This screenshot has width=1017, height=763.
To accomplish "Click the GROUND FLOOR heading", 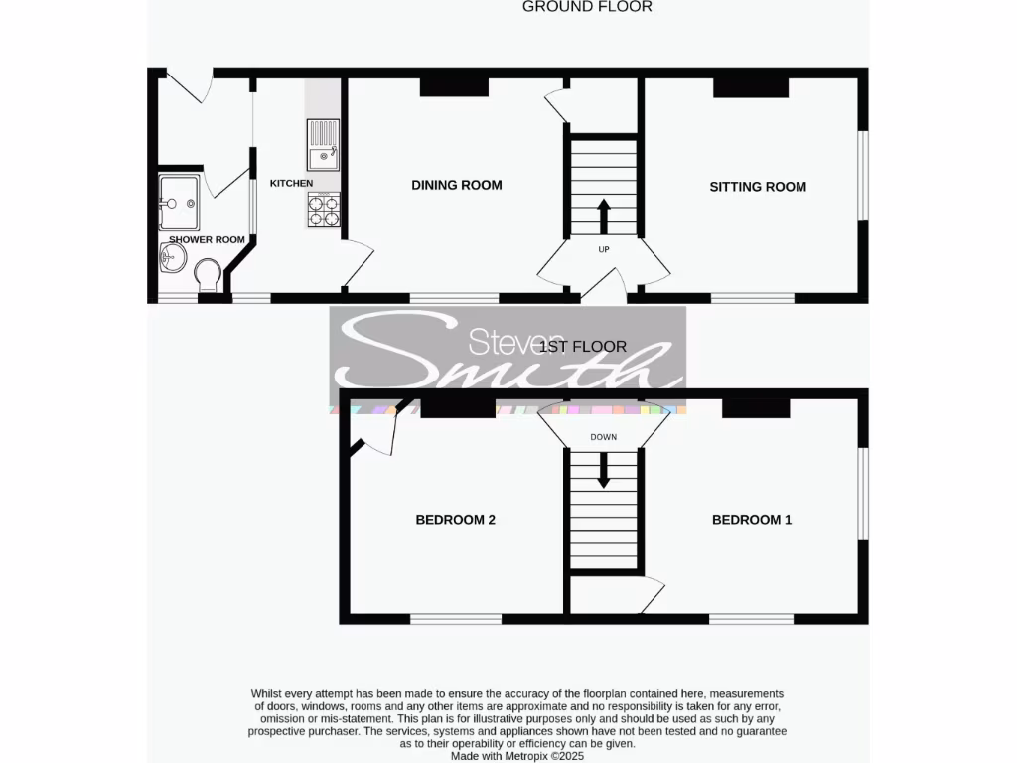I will pos(587,7).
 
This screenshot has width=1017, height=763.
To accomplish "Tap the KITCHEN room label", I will pos(291,183).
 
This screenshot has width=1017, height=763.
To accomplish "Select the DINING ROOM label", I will pos(457,185).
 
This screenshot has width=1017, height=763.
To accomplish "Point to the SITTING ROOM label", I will pos(758,187).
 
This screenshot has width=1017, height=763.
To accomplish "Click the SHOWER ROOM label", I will pos(207,239).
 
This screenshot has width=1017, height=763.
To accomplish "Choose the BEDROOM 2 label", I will pos(455,520).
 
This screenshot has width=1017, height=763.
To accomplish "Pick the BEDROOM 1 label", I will pos(752,520).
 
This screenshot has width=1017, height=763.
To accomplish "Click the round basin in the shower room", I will pos(172,259).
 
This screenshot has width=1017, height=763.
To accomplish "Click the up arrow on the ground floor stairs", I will pos(604,214).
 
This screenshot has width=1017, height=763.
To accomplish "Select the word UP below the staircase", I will pos(604,249).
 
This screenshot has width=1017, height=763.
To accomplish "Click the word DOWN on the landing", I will pos(604,437).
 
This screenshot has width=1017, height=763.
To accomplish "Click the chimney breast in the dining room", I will pos(454,87).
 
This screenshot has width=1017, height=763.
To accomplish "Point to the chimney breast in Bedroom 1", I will pos(755,407).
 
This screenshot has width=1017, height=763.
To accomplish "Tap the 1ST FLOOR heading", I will pos(583,347).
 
